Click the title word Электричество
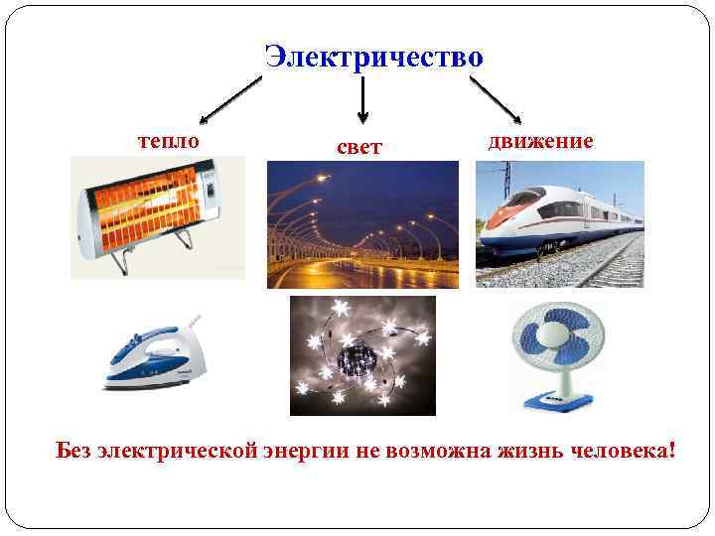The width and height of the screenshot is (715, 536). click(374, 57)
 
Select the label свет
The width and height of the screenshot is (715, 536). click(359, 147)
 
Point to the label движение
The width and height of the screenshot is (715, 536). click(540, 140)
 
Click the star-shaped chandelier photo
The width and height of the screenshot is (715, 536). click(362, 354)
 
